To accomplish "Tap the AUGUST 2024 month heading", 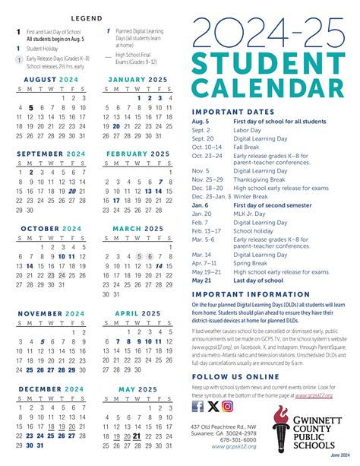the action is [x=51, y=78].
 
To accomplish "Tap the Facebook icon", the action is [x=197, y=405].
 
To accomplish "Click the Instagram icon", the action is [x=227, y=405].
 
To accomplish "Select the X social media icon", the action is [x=212, y=405].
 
